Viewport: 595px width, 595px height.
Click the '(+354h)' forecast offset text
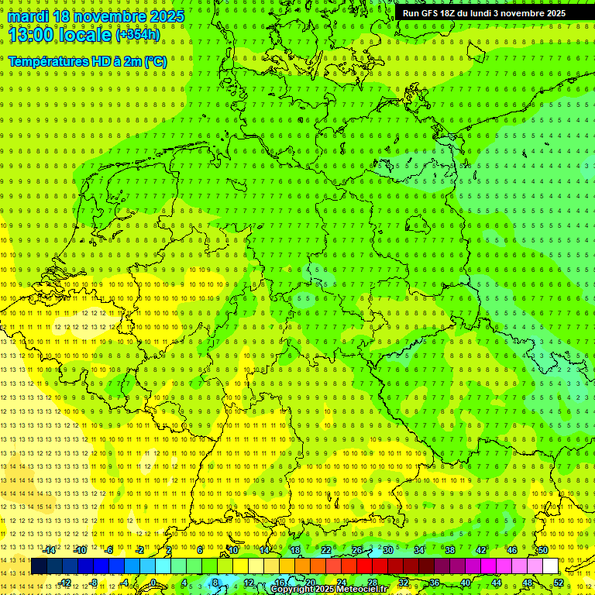[138, 35]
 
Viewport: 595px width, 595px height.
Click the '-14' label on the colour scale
[51, 550]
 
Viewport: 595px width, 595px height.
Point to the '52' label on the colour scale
[559, 582]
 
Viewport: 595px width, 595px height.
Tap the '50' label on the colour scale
[543, 550]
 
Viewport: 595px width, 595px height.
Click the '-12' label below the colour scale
[66, 582]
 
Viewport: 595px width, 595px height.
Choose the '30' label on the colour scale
[388, 550]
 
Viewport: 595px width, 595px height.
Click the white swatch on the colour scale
[550, 566]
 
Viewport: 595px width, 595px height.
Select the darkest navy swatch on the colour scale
[39, 566]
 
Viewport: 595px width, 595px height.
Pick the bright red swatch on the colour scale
[364, 566]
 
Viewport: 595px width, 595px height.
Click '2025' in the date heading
[165, 16]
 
